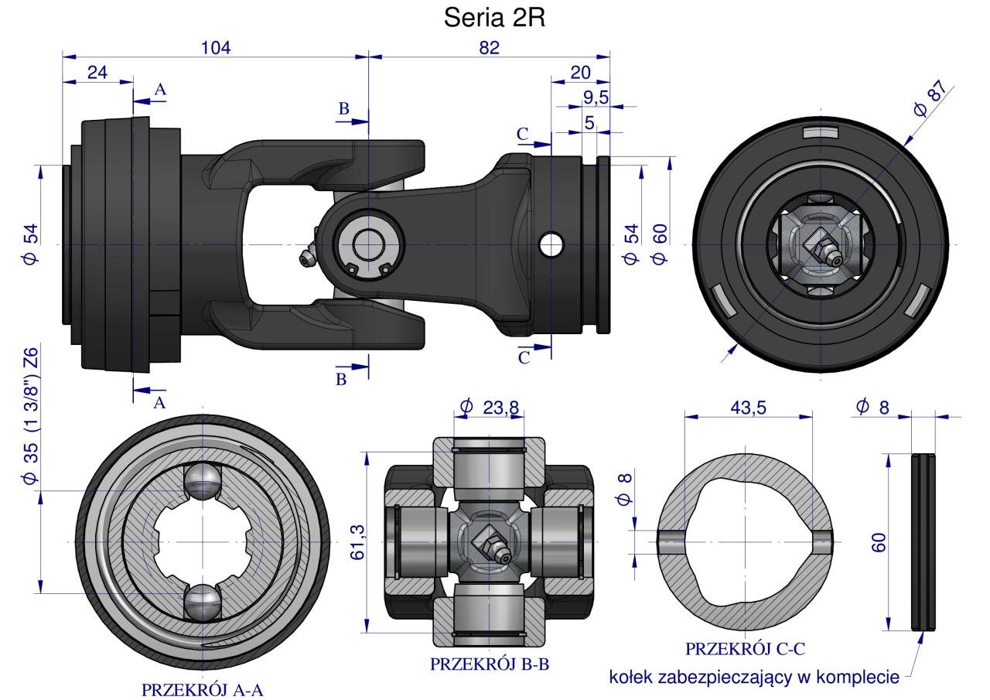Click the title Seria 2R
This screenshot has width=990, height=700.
494,19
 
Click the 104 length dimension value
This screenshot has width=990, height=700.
216,48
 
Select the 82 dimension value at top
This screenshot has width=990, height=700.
490,48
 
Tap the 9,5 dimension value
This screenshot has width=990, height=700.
596,97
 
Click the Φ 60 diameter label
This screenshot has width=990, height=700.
660,244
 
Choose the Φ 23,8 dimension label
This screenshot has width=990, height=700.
490,407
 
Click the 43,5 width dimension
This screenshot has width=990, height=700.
748,408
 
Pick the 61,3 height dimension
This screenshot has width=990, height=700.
357,542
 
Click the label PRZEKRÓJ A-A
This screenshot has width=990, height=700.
203,690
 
